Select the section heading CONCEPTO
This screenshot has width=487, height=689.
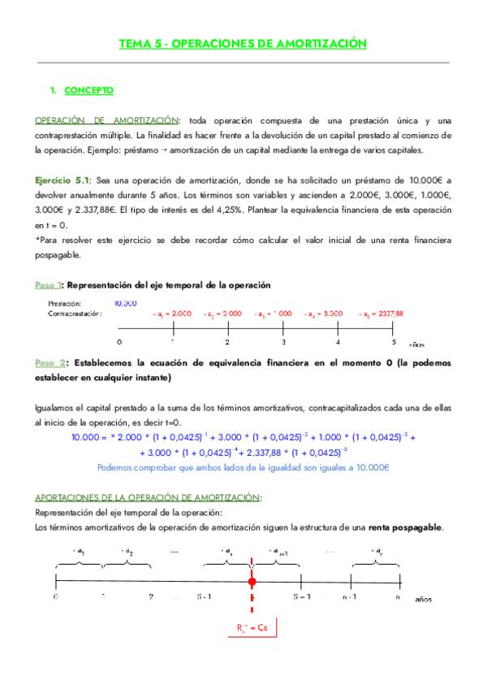click(89, 89)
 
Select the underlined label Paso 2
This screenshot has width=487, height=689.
click(48, 362)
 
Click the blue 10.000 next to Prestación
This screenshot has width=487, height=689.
click(125, 302)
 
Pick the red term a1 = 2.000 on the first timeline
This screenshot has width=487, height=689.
click(173, 313)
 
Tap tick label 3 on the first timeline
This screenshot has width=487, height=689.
click(282, 342)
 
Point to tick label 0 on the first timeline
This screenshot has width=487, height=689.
click(119, 342)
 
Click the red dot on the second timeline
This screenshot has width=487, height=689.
click(252, 582)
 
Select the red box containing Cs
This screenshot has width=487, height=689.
click(252, 628)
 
